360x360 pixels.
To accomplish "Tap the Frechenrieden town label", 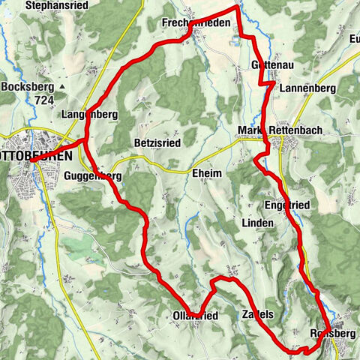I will [x=196, y=23].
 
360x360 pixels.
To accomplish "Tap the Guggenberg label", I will [x=93, y=175].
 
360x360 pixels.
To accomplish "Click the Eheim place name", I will [x=207, y=172].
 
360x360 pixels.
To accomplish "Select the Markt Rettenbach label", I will [x=280, y=130].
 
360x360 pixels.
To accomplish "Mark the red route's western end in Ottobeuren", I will [x=31, y=159].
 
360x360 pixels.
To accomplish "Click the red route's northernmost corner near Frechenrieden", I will [x=238, y=7].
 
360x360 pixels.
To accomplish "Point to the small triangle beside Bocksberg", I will [x=63, y=87].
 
